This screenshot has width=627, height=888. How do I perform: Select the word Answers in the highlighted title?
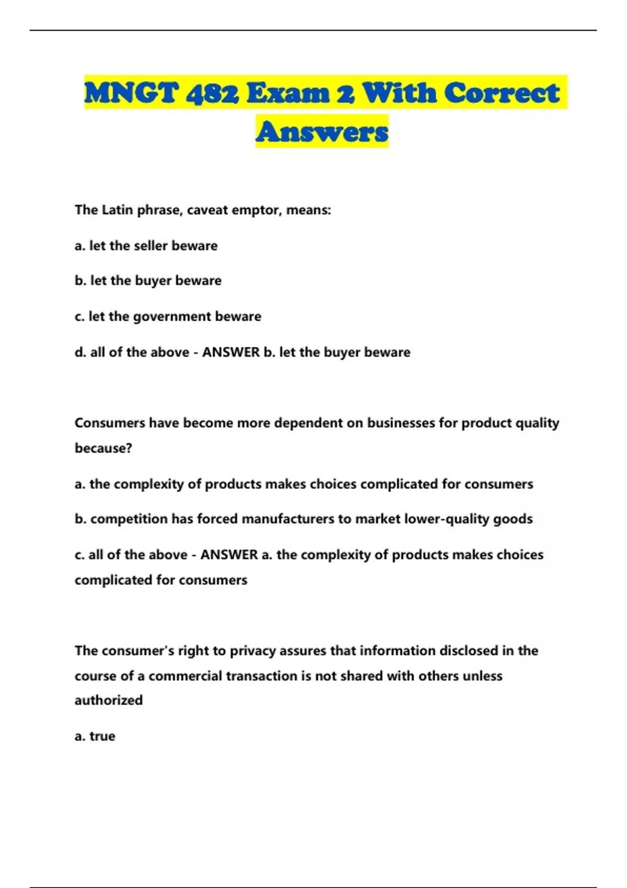pos(322,131)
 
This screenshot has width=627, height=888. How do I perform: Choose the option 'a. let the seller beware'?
pos(146,246)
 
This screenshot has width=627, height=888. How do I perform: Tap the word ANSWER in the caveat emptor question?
pos(231,352)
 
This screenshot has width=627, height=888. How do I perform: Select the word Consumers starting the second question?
pos(110,423)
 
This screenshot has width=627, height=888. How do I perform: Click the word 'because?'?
pos(103,448)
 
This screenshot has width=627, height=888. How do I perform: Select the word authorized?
pos(109,700)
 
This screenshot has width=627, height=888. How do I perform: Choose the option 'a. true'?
pos(95,736)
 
